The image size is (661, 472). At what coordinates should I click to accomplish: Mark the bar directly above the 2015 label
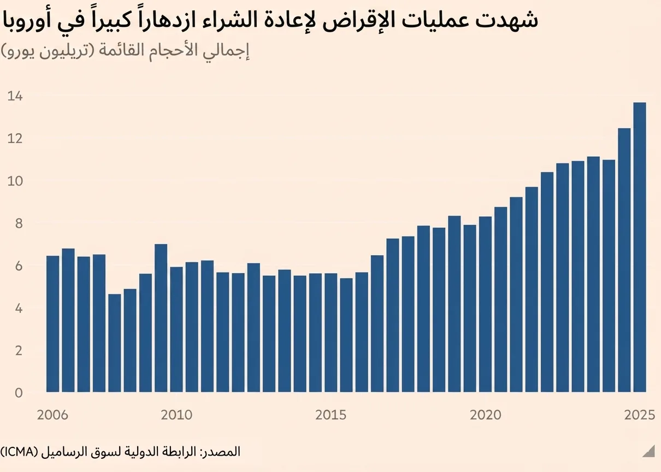tap(330, 333)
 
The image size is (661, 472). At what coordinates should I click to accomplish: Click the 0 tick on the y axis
tap(19, 393)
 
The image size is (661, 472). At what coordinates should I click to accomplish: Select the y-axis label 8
tap(19, 223)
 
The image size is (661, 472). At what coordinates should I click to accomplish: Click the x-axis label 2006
tap(52, 415)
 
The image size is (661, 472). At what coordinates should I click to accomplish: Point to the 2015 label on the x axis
tap(330, 415)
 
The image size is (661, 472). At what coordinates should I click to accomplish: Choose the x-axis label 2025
tap(640, 415)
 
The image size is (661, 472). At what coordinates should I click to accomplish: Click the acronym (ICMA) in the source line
tap(19, 452)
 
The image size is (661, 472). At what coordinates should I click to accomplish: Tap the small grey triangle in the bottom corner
tap(648, 451)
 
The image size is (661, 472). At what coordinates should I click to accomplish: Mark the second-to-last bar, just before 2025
tap(624, 260)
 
